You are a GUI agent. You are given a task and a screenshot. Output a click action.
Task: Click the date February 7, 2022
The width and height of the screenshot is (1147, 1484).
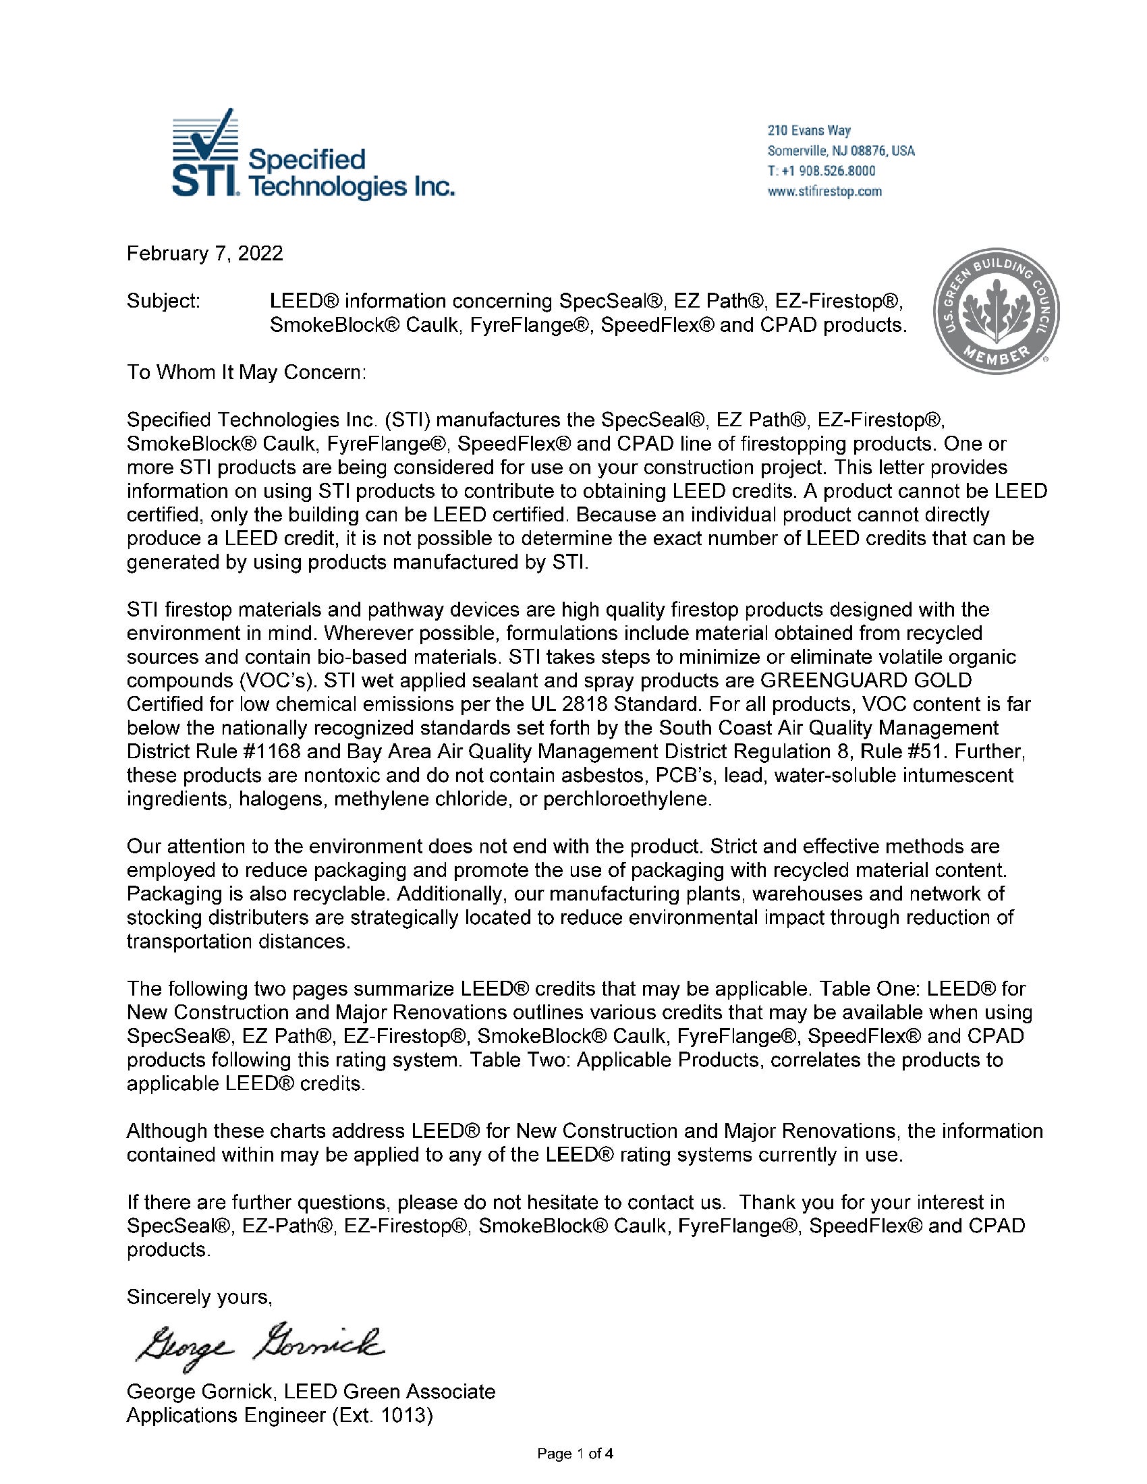click(x=204, y=254)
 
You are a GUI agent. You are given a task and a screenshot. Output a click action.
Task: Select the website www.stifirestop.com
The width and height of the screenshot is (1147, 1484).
click(x=824, y=191)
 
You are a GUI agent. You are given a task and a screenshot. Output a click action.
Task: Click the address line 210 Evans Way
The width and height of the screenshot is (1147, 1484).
click(x=808, y=130)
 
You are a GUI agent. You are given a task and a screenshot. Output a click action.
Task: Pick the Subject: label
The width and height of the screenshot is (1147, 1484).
click(x=163, y=300)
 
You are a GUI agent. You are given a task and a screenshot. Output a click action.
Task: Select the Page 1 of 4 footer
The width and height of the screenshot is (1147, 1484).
click(x=576, y=1454)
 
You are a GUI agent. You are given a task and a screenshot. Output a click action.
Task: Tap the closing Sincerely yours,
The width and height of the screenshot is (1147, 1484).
click(x=199, y=1297)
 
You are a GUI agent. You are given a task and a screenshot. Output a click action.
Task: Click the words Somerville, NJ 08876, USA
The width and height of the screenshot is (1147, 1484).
click(x=841, y=150)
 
